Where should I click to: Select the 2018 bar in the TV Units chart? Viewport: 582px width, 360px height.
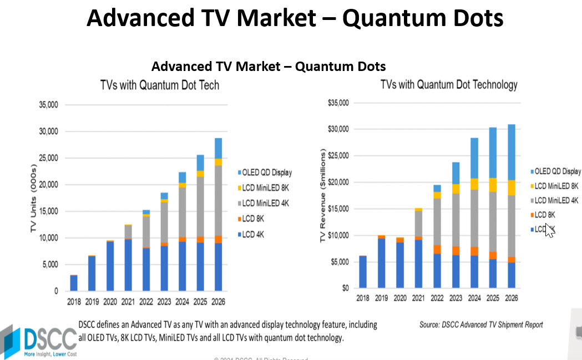pos(74,283)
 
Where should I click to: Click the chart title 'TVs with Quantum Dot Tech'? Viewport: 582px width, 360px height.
pos(159,85)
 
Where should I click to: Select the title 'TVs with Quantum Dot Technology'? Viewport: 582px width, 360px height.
pos(448,84)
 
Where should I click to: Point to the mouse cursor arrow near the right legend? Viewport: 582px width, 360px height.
pos(549,230)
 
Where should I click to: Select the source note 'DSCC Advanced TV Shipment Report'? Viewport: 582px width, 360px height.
pos(481,324)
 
